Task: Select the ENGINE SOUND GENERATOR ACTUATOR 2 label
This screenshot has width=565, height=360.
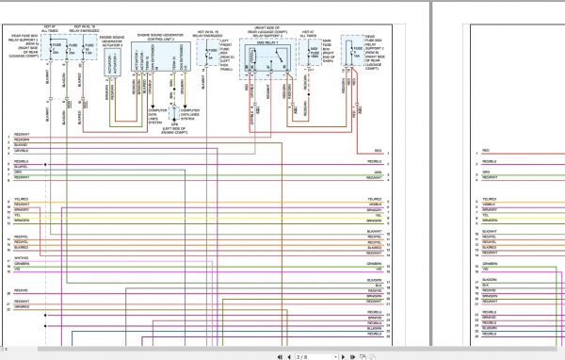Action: pyautogui.click(x=111, y=42)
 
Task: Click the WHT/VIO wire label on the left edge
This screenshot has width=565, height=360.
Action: pyautogui.click(x=22, y=256)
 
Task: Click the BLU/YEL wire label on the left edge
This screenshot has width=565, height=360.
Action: pyautogui.click(x=21, y=166)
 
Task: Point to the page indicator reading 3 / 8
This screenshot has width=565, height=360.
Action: pyautogui.click(x=302, y=356)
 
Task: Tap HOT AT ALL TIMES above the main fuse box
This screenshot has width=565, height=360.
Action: pyautogui.click(x=308, y=33)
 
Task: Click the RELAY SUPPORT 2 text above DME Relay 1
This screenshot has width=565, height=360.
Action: pyautogui.click(x=269, y=35)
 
